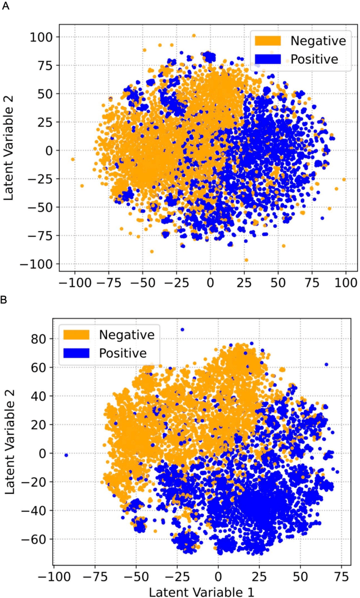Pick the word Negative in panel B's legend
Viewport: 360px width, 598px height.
[x=127, y=335]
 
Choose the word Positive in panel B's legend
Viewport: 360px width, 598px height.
[x=123, y=354]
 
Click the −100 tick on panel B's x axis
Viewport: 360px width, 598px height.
[x=54, y=576]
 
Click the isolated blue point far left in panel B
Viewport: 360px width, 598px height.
[x=66, y=455]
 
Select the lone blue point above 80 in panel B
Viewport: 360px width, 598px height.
[x=182, y=330]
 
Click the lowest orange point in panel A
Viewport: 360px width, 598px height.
[x=246, y=260]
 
